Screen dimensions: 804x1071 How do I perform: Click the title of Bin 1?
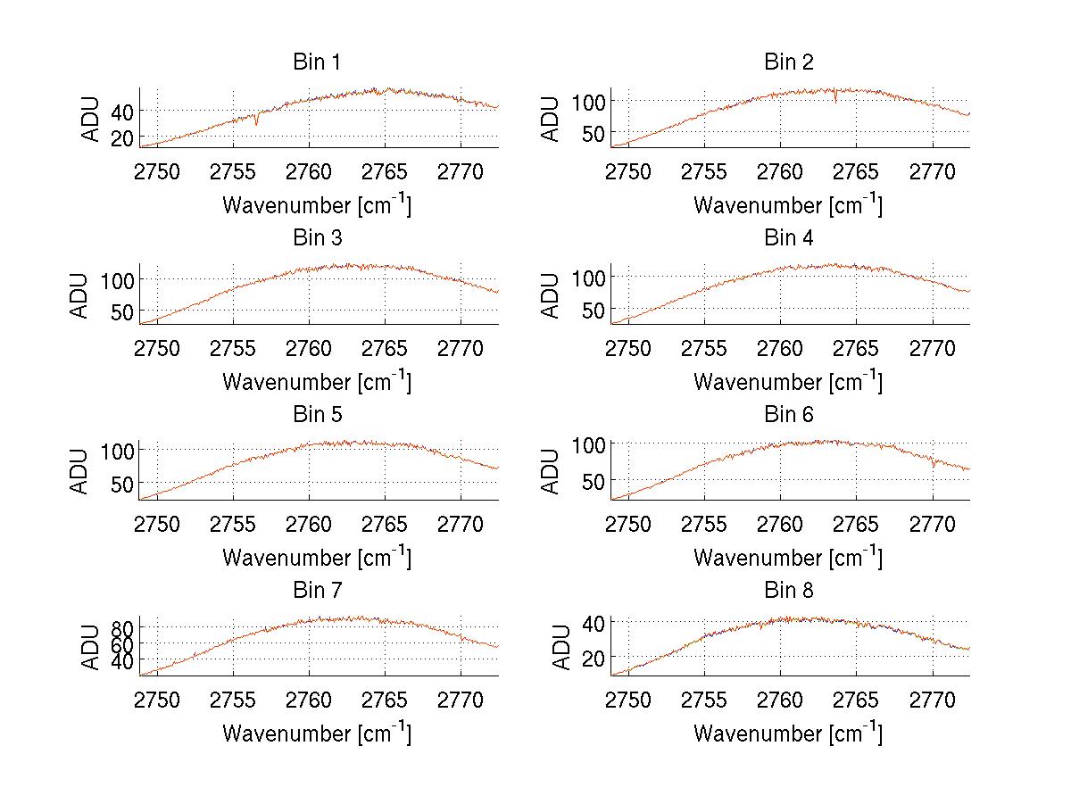(x=317, y=62)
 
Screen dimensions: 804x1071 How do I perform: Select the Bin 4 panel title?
(x=789, y=238)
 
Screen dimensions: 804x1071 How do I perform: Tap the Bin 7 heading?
(x=317, y=591)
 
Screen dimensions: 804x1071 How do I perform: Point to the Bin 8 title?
(x=789, y=591)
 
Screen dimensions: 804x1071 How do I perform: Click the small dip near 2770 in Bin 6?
(x=934, y=465)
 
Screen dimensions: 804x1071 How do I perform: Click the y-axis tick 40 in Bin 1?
(x=121, y=111)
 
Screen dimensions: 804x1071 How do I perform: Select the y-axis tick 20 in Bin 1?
(x=121, y=137)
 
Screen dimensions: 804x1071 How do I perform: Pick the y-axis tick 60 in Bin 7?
(x=121, y=643)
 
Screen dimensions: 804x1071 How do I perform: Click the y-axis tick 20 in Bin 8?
(x=593, y=657)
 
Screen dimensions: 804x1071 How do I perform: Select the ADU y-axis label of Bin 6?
(x=551, y=472)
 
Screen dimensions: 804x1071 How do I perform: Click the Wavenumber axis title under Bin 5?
(x=317, y=558)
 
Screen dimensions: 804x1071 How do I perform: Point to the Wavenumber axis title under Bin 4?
(x=788, y=381)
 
